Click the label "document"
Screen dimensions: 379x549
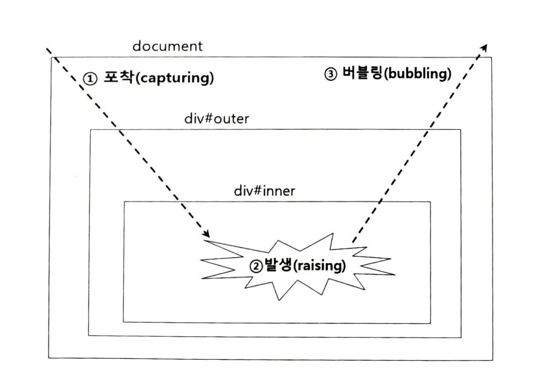[x=167, y=46]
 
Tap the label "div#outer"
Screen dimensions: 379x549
[x=216, y=119]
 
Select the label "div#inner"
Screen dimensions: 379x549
[x=265, y=191]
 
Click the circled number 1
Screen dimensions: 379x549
[x=90, y=78]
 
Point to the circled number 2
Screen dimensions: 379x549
[x=256, y=266]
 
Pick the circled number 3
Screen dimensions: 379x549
[x=331, y=74]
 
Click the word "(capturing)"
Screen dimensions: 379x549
[x=175, y=78]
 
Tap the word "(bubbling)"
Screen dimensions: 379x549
[x=417, y=74]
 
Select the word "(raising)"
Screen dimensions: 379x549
[x=319, y=266]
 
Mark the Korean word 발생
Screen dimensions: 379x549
[x=277, y=265]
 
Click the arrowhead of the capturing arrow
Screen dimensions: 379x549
[x=207, y=234]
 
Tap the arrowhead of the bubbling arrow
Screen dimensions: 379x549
[x=485, y=48]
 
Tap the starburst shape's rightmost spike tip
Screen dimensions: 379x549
[x=395, y=274]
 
